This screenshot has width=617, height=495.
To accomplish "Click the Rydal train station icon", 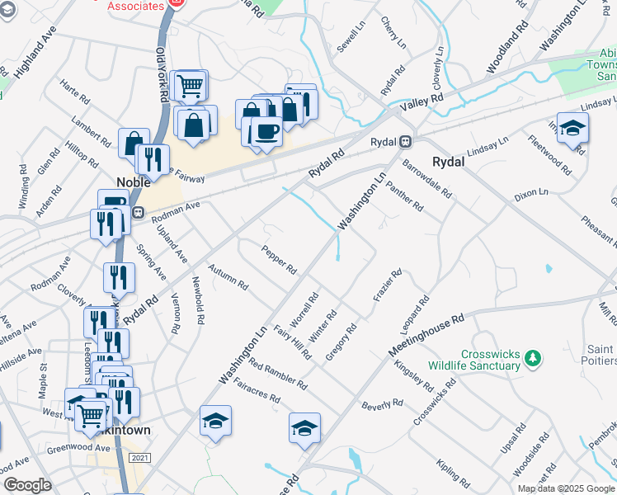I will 406,141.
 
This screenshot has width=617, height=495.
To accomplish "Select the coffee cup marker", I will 266,131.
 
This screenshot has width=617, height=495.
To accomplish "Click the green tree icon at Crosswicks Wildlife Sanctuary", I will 533,358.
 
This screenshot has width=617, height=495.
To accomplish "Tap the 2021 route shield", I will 140,459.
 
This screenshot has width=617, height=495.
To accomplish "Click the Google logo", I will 28,485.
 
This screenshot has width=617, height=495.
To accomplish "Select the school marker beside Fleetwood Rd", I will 572,128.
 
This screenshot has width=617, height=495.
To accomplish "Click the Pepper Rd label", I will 279,259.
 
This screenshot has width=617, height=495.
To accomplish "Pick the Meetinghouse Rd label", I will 426,334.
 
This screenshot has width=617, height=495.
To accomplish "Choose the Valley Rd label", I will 422,102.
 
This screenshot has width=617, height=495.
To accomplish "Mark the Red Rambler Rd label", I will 276,375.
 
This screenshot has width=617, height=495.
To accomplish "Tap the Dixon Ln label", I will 530,195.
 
